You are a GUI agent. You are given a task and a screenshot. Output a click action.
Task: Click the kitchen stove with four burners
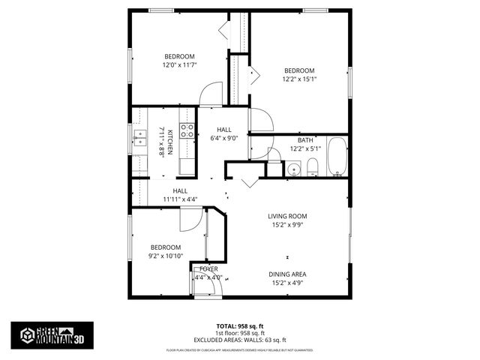[x=187, y=131]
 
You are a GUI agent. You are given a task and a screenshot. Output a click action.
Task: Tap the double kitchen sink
[x=139, y=136]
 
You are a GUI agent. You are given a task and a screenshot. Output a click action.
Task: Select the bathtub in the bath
[x=337, y=157]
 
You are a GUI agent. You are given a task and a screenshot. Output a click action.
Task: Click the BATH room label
[x=305, y=140]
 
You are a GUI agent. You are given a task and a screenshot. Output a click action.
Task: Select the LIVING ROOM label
[x=288, y=217]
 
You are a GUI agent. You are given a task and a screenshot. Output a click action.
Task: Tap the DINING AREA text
[x=288, y=274]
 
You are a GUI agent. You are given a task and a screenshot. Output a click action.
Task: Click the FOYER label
[x=208, y=268]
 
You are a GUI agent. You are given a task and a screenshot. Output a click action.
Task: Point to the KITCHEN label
[x=171, y=142]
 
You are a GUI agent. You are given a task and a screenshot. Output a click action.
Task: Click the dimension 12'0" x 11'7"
[x=179, y=65]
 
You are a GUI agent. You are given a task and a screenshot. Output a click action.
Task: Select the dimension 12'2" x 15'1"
[x=299, y=79]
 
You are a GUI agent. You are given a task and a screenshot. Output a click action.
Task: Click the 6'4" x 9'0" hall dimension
[x=223, y=138]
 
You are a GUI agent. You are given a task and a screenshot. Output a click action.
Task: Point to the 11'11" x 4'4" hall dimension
[x=180, y=199]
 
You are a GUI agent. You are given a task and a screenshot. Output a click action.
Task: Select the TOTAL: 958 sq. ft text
[x=239, y=326]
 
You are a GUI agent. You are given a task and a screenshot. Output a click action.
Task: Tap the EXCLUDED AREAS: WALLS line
[x=239, y=340]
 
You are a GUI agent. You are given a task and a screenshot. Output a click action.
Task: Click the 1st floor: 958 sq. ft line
[x=239, y=333]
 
